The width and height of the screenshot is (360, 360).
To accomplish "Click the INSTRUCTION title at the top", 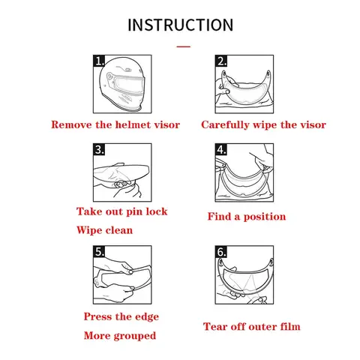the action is coord(180,25).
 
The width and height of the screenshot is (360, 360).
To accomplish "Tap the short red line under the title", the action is coord(184,46).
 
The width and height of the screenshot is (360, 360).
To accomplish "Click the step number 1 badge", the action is coord(99,61).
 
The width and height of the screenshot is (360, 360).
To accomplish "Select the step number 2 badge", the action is coord(221,61).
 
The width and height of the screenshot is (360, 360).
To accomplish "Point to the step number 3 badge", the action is coord(99,149).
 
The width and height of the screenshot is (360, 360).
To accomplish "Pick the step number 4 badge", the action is coord(221,149).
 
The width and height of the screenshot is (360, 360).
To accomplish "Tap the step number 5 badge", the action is coord(99,251).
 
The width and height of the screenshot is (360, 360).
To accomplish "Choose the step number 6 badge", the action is coord(221,251).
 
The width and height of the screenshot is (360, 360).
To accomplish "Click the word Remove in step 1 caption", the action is coord(71,124).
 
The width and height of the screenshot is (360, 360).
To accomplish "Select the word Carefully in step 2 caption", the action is coord(225,125).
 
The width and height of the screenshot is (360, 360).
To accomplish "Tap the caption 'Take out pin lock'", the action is coord(121,211).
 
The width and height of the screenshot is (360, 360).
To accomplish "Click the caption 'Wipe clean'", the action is coord(104,230).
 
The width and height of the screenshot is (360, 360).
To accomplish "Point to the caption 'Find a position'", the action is coord(247,217).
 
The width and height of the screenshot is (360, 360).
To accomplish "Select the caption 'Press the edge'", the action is coord(121,317).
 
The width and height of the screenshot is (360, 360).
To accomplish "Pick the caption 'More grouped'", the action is coord(120,336).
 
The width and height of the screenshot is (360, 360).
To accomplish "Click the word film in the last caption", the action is coord(290,327).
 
